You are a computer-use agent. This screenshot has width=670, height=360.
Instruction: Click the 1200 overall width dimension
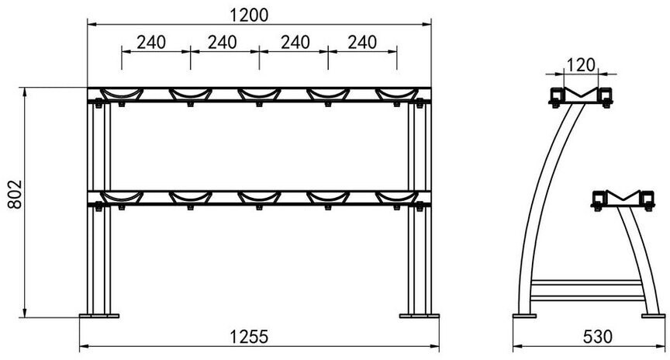[x=249, y=15]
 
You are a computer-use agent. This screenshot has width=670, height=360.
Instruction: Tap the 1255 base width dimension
[x=249, y=337]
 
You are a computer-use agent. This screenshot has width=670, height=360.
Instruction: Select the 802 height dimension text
[x=15, y=194]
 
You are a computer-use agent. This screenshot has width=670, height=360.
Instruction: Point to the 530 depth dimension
[x=598, y=337]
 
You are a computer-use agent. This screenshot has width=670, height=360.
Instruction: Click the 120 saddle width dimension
[x=580, y=65]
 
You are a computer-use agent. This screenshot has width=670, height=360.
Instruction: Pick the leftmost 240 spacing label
[x=151, y=43]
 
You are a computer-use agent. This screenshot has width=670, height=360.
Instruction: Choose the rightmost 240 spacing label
[x=362, y=43]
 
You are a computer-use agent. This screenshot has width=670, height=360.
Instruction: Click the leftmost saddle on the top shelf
[x=122, y=94]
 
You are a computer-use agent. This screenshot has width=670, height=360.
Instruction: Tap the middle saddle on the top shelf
[x=259, y=94]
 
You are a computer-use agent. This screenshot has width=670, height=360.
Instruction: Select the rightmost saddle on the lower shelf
[x=397, y=197]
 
